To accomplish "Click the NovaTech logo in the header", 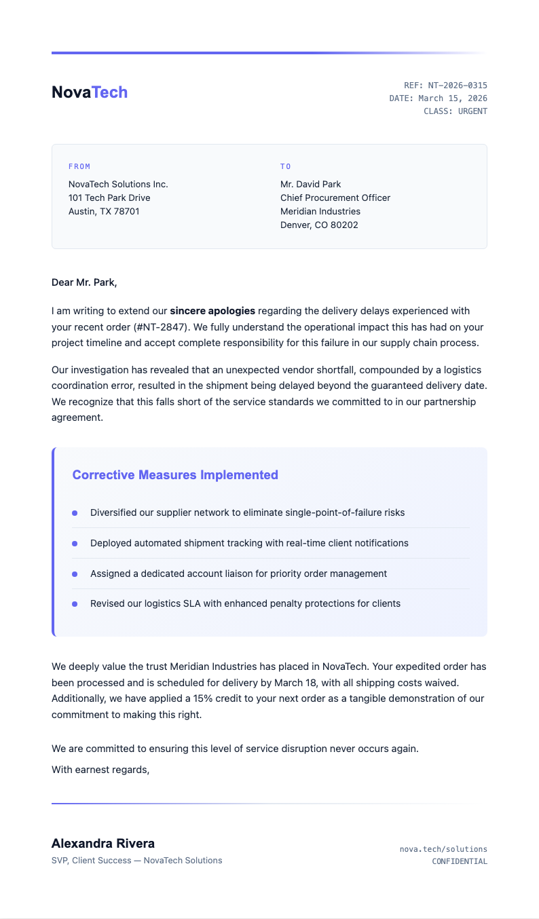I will (90, 92).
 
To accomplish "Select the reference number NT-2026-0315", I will (458, 86).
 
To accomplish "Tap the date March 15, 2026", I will (453, 98).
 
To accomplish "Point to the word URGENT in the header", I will (472, 111).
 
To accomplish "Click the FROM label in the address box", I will (79, 166).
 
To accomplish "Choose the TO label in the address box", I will (286, 166).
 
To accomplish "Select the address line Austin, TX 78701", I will (104, 211).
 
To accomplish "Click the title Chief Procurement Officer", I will (335, 198).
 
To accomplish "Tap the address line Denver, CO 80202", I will (319, 225).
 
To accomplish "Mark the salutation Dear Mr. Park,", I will (84, 282).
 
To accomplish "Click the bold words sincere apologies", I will (212, 311).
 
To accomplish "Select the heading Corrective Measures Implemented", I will (175, 475).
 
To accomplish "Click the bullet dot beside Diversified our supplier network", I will (75, 512).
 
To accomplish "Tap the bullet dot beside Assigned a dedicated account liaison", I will (75, 574).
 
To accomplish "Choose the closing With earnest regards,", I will (100, 770).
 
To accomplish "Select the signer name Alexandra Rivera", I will (103, 844).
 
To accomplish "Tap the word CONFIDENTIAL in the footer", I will (460, 861).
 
